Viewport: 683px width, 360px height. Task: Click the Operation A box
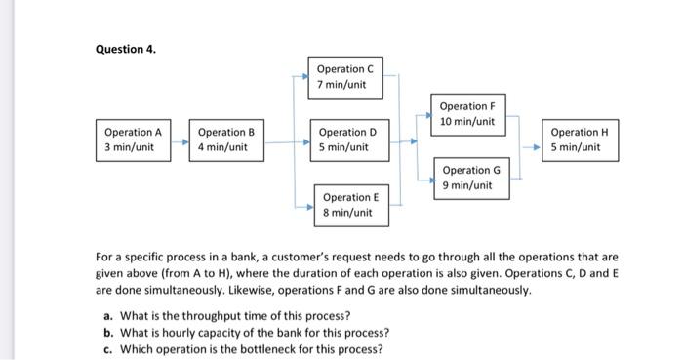[x=133, y=140]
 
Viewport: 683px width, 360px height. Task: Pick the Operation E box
[x=348, y=205]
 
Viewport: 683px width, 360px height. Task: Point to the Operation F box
[x=467, y=114]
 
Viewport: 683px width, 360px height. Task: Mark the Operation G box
[x=469, y=178]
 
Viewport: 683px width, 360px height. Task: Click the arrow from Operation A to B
[x=180, y=140]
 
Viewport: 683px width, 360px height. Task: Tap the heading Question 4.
[x=125, y=47]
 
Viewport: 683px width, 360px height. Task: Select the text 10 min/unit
[x=467, y=122]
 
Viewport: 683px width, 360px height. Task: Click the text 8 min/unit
[x=347, y=213]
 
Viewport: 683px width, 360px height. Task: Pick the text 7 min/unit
[x=342, y=84]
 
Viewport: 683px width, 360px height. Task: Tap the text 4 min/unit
[x=223, y=148]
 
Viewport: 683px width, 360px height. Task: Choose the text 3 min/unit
[x=129, y=148]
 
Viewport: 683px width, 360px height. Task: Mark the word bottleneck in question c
[x=257, y=349]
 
